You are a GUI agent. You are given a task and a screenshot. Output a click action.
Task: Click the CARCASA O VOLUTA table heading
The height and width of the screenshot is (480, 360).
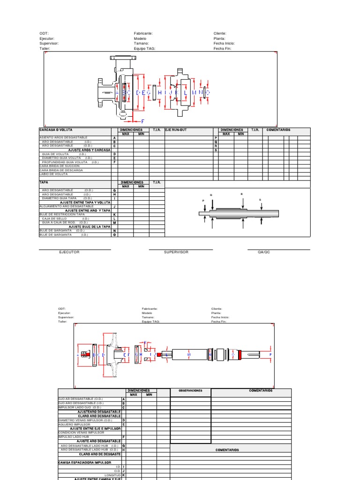click(56, 129)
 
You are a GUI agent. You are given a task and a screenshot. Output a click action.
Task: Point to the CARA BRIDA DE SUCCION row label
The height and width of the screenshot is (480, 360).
click(60, 166)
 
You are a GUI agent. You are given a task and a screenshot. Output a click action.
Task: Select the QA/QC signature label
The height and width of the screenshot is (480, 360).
click(264, 252)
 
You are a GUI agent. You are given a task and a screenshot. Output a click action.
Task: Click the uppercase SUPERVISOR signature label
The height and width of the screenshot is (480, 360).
click(176, 252)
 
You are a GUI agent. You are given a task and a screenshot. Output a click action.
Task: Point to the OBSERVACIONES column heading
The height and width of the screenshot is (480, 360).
click(190, 391)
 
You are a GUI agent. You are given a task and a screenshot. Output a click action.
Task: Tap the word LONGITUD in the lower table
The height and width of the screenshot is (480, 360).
click(112, 475)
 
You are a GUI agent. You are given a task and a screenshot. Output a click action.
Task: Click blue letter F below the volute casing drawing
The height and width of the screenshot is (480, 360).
click(143, 121)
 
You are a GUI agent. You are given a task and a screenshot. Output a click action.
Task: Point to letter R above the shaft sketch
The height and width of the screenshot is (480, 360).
click(242, 194)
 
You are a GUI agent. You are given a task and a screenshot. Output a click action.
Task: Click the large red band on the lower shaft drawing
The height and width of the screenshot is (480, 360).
click(240, 356)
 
